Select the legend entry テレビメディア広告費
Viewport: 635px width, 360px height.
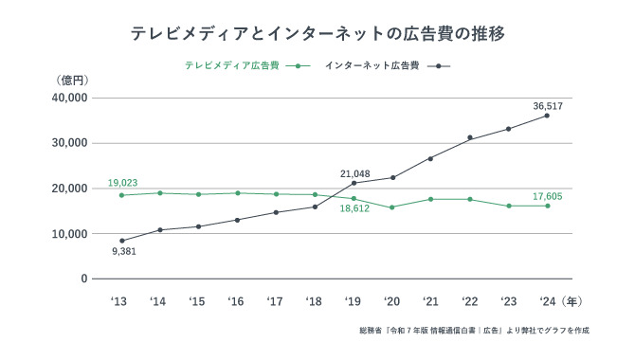point(231,66)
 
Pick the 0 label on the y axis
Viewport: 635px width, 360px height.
point(83,279)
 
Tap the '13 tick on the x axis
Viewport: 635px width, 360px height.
point(119,301)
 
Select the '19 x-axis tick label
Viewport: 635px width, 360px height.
point(353,301)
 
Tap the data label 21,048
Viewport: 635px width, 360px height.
point(354,173)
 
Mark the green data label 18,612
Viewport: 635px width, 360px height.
point(354,211)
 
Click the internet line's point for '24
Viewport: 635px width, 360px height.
point(547,116)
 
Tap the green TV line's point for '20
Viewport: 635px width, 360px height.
point(392,207)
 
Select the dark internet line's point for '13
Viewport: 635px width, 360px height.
point(121,241)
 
